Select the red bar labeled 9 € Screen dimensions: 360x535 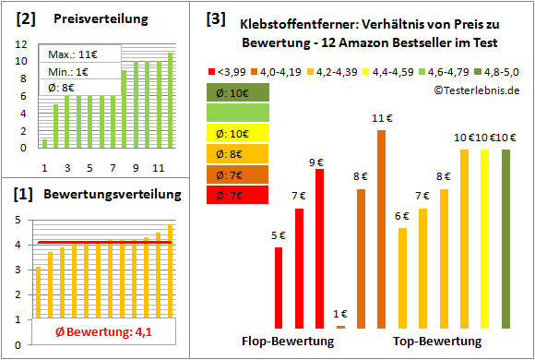(x=320, y=248)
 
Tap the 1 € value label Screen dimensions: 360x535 (x=340, y=314)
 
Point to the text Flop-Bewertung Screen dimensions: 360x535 (x=288, y=342)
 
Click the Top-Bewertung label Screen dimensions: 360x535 (x=437, y=342)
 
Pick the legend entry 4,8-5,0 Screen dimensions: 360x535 (x=498, y=70)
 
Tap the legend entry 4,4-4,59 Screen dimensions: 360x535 (x=391, y=70)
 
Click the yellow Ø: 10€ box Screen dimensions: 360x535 (x=238, y=134)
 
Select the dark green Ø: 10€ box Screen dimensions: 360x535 (x=238, y=93)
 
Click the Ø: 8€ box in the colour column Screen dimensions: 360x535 (x=238, y=154)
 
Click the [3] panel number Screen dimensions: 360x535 (x=215, y=18)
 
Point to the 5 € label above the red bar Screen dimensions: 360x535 (x=279, y=235)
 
